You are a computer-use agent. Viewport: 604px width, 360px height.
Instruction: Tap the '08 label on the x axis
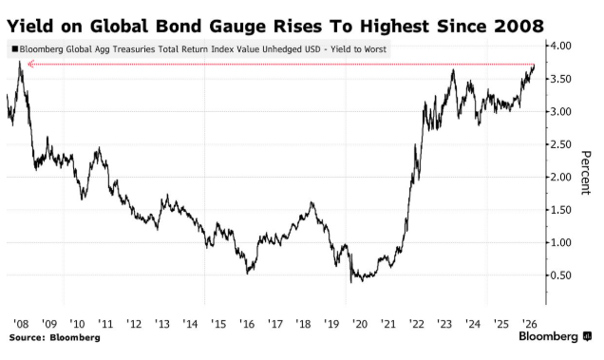click(x=21, y=324)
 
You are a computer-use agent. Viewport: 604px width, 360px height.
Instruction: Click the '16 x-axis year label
click(x=247, y=324)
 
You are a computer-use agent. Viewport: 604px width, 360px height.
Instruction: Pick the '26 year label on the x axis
click(x=529, y=323)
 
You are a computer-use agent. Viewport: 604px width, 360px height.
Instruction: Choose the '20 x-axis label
click(x=360, y=324)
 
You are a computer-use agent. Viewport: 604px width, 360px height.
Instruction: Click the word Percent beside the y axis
click(x=586, y=173)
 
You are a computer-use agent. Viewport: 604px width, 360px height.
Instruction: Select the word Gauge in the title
click(x=237, y=27)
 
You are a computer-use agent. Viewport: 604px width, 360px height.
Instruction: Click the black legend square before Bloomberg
click(x=15, y=49)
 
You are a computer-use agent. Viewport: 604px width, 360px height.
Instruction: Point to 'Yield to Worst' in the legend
click(x=358, y=49)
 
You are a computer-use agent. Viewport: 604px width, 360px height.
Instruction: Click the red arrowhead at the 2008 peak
click(x=30, y=64)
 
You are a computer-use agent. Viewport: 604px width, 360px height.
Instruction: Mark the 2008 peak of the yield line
click(x=19, y=62)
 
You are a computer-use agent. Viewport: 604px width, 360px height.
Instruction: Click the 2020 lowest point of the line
click(x=351, y=282)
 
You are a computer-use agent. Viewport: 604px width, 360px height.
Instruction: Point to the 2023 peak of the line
click(x=453, y=69)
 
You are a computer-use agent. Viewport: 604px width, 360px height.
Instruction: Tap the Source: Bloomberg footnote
click(x=55, y=337)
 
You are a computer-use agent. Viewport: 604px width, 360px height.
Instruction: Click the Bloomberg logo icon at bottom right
click(x=587, y=336)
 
